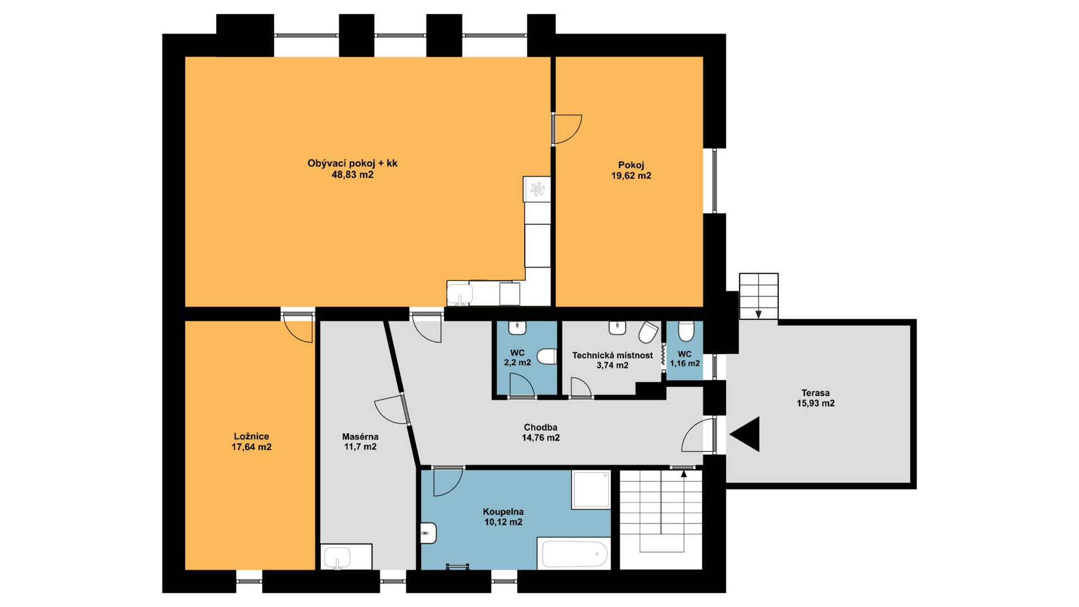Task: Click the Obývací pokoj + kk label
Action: pos(352,164)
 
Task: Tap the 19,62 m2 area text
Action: pos(631,176)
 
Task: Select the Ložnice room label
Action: pos(251,437)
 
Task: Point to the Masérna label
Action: pos(360,437)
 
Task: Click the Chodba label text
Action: pos(541,428)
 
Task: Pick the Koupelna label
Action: pos(504,512)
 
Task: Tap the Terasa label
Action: pos(815,393)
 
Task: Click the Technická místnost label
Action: pos(613,356)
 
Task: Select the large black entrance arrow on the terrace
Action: pos(745,434)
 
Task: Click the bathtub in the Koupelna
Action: pos(574,554)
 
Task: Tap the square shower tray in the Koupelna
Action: pos(591,490)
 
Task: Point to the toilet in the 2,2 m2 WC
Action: pos(547,356)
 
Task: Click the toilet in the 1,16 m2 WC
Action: pos(686,332)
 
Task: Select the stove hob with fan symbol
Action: pos(537,189)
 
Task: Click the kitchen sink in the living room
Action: pos(460,293)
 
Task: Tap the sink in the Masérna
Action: pos(337,558)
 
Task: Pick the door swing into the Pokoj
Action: pos(568,129)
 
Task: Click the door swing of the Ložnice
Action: pos(298,328)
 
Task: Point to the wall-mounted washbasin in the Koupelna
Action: pos(428,533)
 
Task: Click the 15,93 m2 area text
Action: pos(815,404)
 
